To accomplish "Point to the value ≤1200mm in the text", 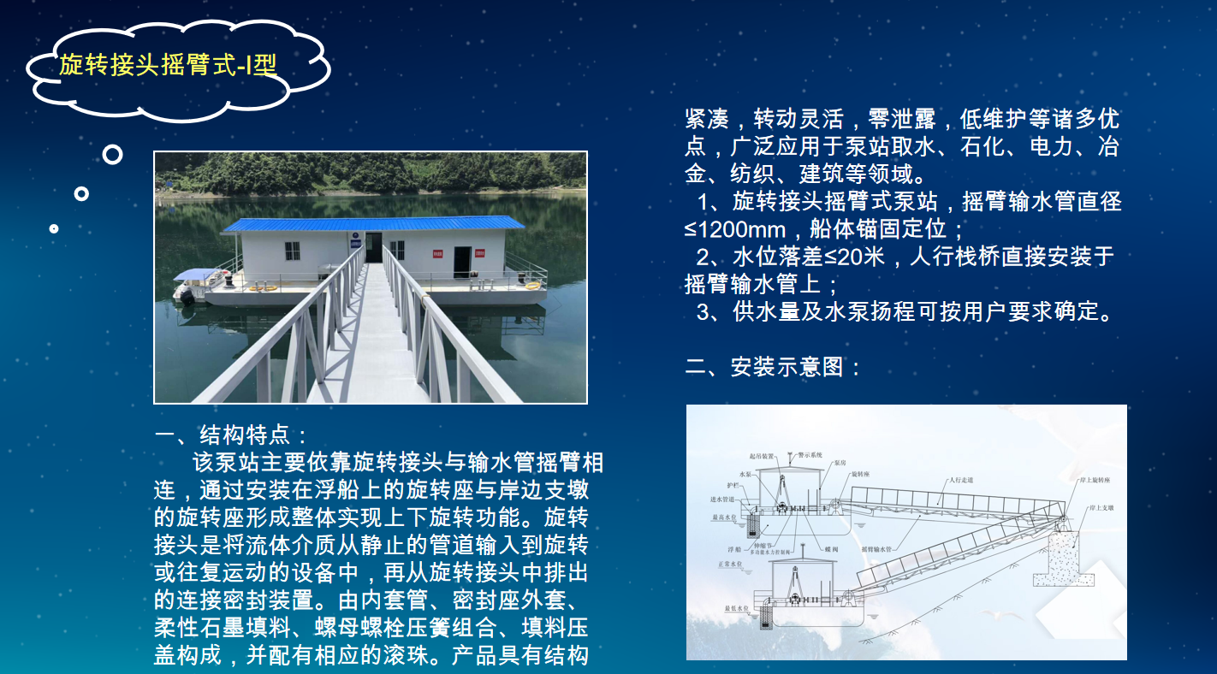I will click(x=735, y=229).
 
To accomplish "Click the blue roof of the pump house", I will click(x=372, y=224).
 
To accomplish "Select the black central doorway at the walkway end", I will click(x=373, y=247).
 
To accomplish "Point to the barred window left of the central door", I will click(x=293, y=252).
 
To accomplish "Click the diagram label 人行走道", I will click(x=961, y=480).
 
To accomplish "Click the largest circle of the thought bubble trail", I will click(x=112, y=155).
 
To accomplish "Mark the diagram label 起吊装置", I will click(x=761, y=458).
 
